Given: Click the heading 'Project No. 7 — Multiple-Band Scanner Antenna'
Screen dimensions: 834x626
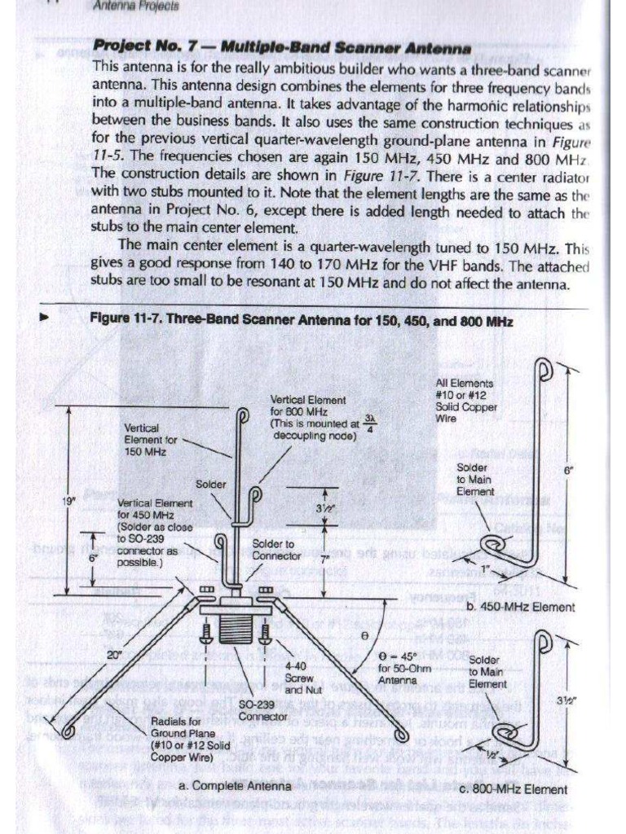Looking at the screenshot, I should coord(282,47).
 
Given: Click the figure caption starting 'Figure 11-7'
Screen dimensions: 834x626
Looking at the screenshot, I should coord(301,322).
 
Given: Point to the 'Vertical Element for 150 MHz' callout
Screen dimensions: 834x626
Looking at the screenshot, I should coord(150,438).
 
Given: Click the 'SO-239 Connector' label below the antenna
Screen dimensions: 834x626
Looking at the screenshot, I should coord(262,709).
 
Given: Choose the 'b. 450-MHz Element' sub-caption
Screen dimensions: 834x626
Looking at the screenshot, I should coord(520,607).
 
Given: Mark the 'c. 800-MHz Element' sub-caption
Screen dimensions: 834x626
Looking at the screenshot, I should coord(514,788).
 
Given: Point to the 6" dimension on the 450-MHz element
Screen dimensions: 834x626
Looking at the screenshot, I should coord(568,470).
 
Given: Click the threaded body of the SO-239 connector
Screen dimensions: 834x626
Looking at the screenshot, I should coord(238,629).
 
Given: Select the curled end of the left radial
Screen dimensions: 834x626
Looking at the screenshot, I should coord(68,731).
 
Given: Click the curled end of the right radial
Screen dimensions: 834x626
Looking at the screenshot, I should coord(402,735).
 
